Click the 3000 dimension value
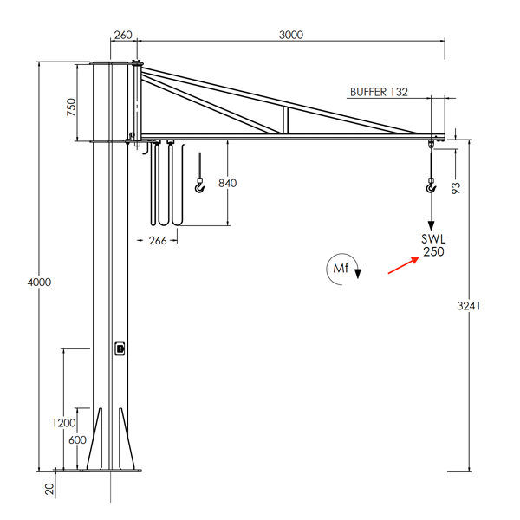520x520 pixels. pos(290,35)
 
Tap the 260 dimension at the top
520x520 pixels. pos(122,35)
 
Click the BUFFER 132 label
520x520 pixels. pos(379,90)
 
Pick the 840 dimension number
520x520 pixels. pos(227,183)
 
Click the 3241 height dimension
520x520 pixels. pos(469,306)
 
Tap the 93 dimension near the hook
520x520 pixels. pos(457,186)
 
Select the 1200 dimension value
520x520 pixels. pos(64,423)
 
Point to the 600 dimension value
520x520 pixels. pos(77,439)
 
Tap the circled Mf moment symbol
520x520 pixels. pos(341,270)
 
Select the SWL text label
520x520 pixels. pos(432,239)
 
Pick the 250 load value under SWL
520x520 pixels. pos(432,252)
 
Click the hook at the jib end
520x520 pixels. pos(431,185)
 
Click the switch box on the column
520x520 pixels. pos(120,348)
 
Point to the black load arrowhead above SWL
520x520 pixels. pos(431,224)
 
